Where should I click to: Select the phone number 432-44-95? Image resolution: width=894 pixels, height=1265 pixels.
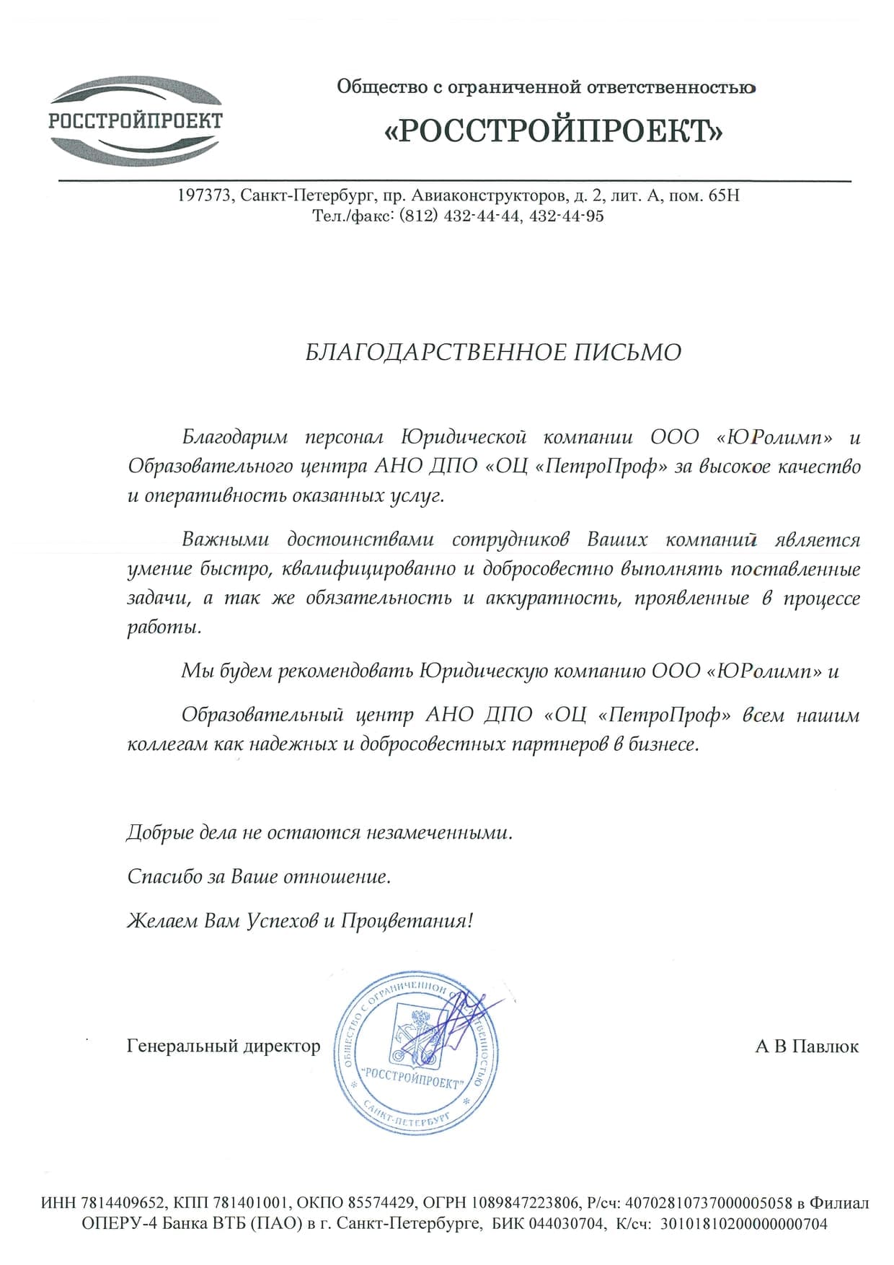566,216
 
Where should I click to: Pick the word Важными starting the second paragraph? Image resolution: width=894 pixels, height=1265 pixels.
225,539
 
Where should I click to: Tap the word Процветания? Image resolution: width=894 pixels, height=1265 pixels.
407,921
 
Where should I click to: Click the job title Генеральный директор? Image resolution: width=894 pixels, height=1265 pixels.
223,1046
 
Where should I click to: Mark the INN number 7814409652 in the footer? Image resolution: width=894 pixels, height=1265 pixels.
127,1203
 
